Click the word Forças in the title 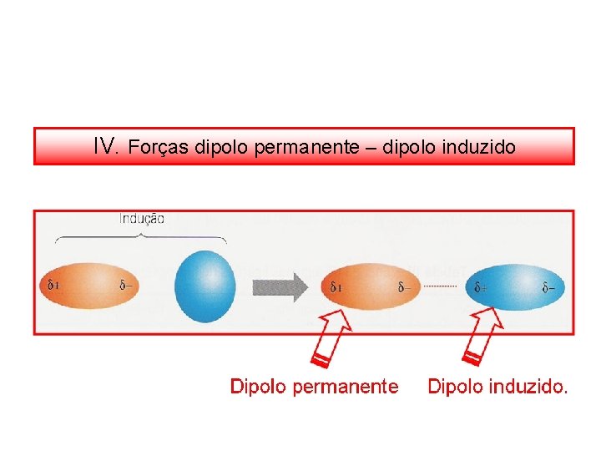[x=159, y=148]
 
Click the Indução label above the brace [x=142, y=219]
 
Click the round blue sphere [x=205, y=285]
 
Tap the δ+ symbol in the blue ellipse [x=482, y=288]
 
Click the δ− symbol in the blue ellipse [x=548, y=288]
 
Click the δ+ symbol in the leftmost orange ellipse [x=53, y=285]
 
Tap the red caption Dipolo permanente [x=314, y=387]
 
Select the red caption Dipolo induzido [x=497, y=387]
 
